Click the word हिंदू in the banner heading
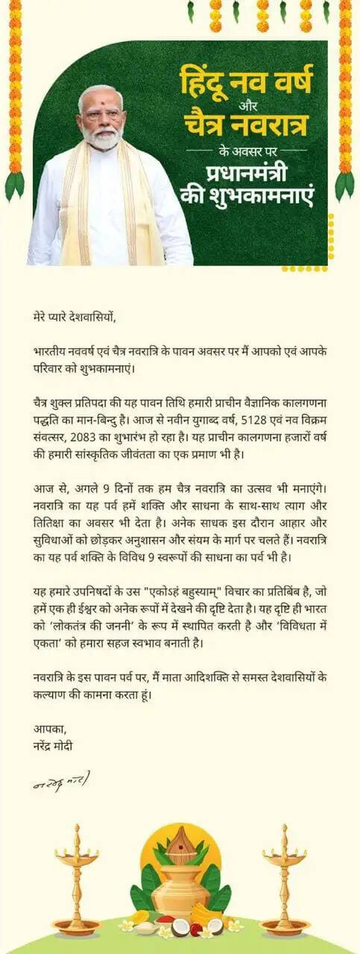tap(206, 79)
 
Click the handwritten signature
tap(61, 783)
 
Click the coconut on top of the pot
tap(180, 846)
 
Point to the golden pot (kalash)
tap(180, 891)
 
